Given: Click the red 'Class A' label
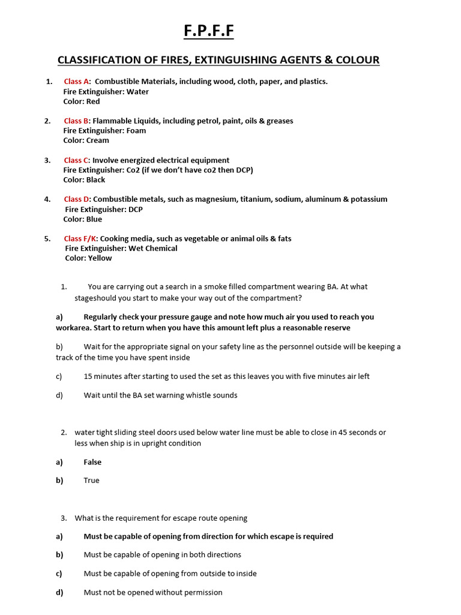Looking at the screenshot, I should point(77,82).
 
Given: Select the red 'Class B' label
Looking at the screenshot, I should point(77,121).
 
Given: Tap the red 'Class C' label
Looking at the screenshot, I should point(77,160).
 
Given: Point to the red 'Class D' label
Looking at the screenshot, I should point(77,199).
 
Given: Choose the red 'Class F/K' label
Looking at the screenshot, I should point(80,238).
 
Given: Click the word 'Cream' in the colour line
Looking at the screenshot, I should point(97,141).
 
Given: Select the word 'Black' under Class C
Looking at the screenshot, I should point(95,180).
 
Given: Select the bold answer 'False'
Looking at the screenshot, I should point(92,462).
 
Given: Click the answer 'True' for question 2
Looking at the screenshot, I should point(91,480).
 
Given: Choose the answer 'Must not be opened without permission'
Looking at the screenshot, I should point(153,592).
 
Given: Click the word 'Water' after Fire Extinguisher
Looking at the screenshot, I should point(137,92).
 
